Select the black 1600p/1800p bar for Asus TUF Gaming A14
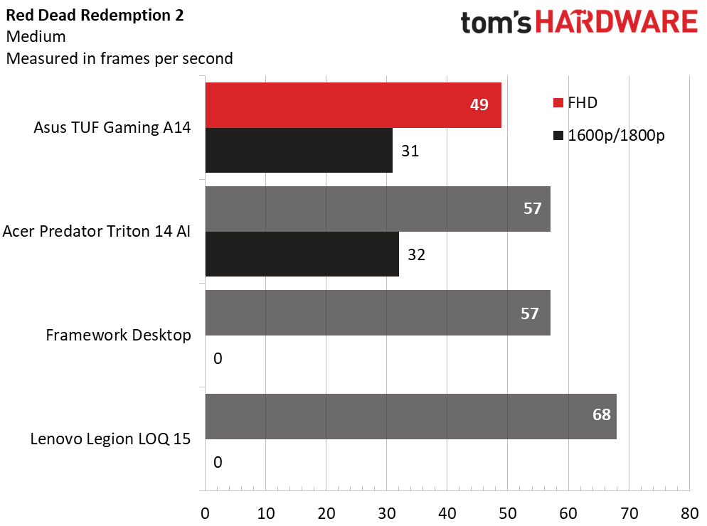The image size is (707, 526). [299, 150]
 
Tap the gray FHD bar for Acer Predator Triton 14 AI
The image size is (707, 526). [377, 209]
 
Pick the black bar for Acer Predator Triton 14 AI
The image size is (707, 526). [302, 254]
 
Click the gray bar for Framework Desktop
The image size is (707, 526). [377, 313]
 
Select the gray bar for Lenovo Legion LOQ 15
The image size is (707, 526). [410, 416]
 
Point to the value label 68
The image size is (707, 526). [601, 414]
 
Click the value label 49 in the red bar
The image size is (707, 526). [479, 105]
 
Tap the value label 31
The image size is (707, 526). [410, 151]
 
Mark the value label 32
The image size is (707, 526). [416, 254]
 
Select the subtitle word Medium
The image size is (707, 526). [36, 37]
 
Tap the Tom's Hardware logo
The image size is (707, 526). [578, 22]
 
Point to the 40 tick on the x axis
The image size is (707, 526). [447, 512]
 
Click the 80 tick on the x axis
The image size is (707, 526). [689, 512]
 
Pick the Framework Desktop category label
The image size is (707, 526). [118, 335]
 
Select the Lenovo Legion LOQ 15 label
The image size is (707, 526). [110, 439]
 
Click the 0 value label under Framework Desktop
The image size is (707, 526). [218, 358]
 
